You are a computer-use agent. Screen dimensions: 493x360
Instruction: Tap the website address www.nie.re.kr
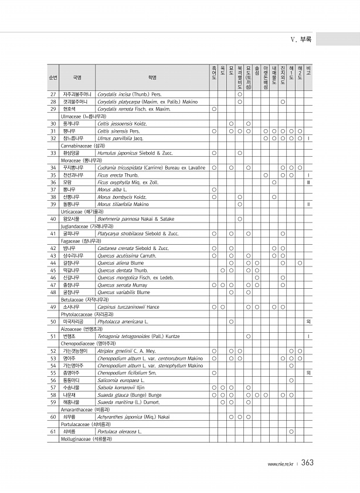(x=281, y=464)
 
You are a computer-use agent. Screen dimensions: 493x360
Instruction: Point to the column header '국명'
(x=77, y=76)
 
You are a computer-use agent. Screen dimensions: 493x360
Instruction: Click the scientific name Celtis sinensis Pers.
(x=118, y=131)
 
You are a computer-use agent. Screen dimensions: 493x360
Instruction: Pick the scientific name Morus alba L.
(x=110, y=190)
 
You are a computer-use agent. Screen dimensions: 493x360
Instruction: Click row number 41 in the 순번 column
(x=53, y=234)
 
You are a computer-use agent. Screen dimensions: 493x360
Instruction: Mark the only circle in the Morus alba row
(x=214, y=190)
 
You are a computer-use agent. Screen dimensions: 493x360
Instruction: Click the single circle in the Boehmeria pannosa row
(x=240, y=219)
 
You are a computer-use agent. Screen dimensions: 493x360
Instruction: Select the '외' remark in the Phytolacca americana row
(x=308, y=322)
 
